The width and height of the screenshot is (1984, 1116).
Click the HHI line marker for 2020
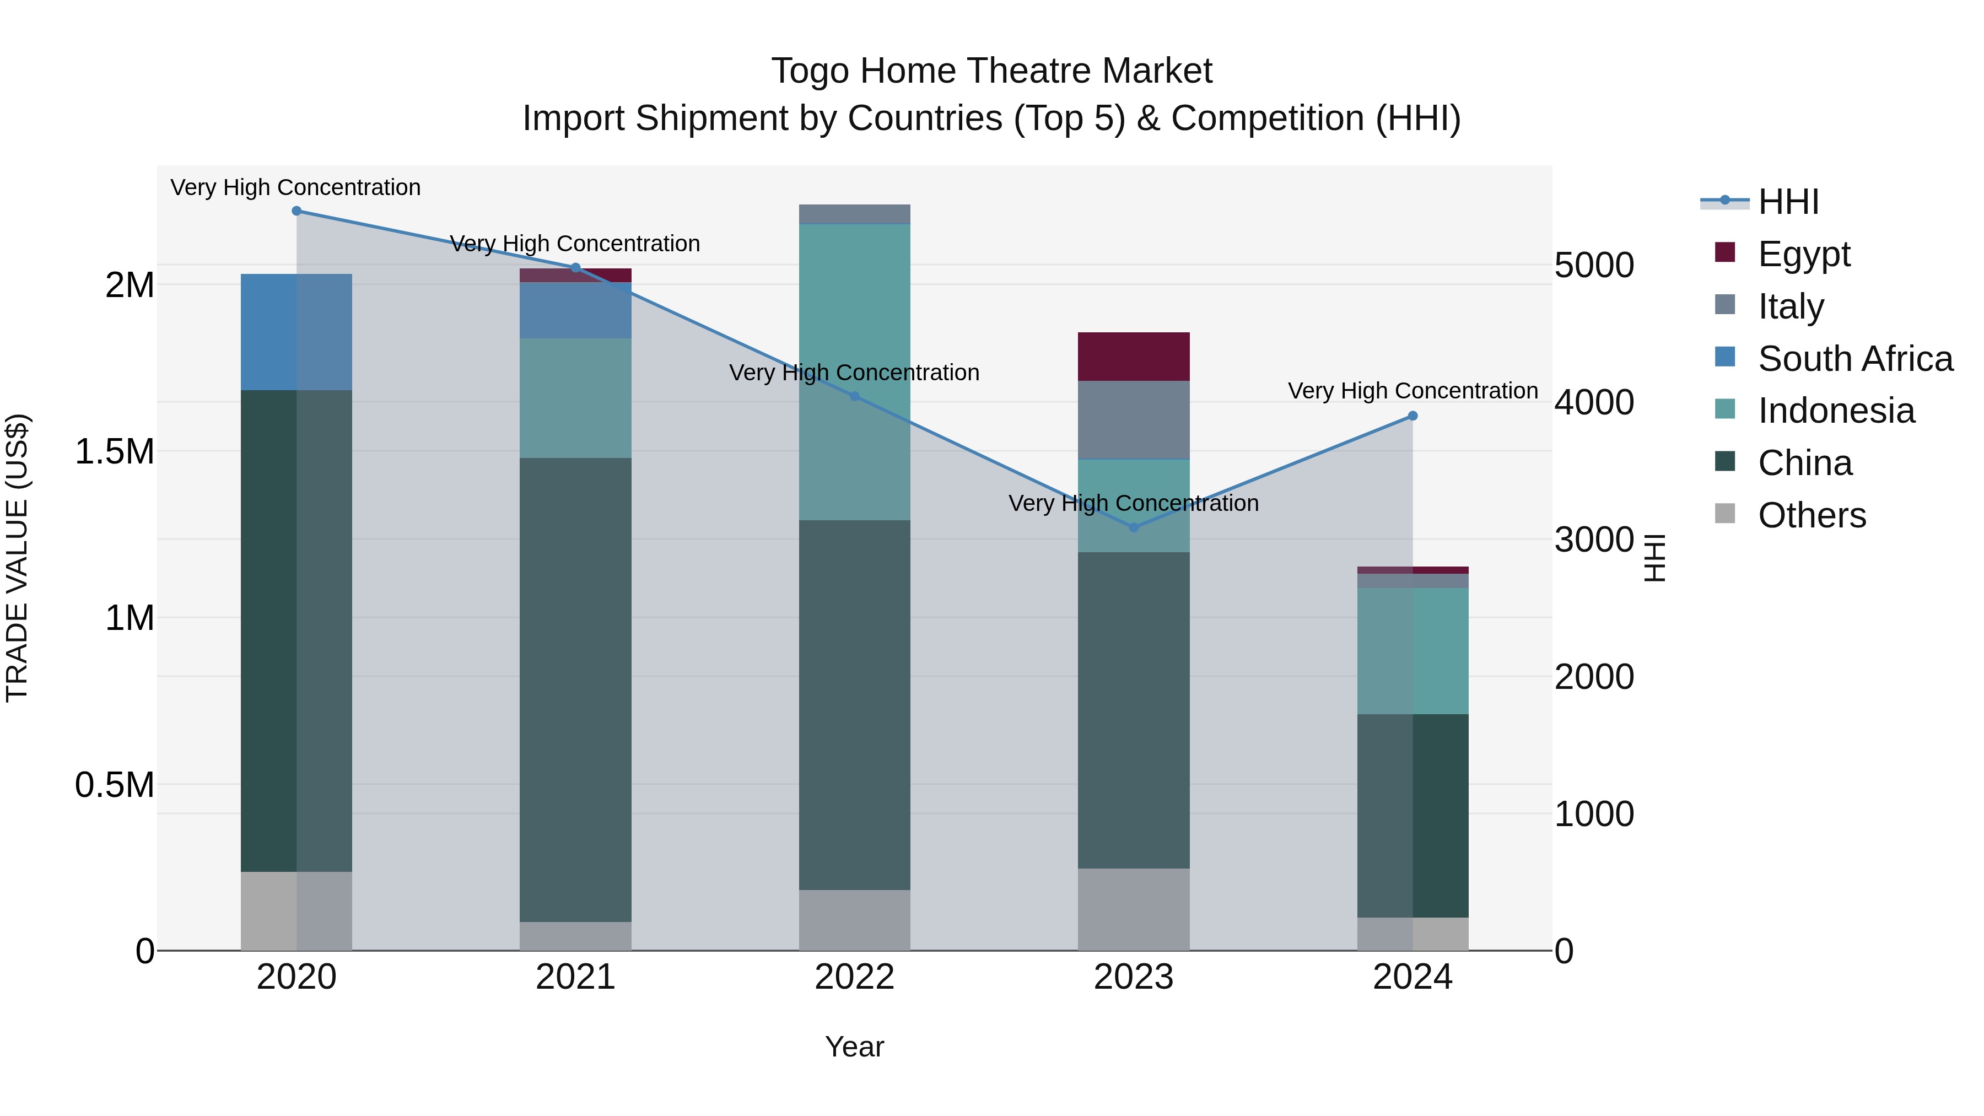pyautogui.click(x=296, y=211)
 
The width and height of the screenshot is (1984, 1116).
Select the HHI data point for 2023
pyautogui.click(x=1133, y=527)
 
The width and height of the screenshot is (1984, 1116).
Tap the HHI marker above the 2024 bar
pyautogui.click(x=1412, y=416)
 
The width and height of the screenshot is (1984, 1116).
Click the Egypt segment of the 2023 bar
pyautogui.click(x=1133, y=357)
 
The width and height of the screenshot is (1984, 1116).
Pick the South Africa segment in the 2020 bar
pyautogui.click(x=296, y=332)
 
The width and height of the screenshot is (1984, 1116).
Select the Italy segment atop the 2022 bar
pyautogui.click(x=854, y=214)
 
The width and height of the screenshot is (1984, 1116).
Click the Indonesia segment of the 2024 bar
pyautogui.click(x=1412, y=651)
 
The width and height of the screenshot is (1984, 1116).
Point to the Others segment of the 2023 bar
pyautogui.click(x=1133, y=909)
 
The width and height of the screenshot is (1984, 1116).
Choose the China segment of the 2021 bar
pyautogui.click(x=575, y=689)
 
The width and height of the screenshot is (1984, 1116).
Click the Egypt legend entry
pyautogui.click(x=1804, y=254)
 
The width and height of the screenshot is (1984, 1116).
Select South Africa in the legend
pyautogui.click(x=1854, y=359)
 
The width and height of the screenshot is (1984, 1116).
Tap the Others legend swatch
pyautogui.click(x=1725, y=514)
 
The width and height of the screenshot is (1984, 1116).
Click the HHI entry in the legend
pyautogui.click(x=1788, y=202)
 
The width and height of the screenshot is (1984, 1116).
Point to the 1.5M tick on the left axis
pyautogui.click(x=115, y=451)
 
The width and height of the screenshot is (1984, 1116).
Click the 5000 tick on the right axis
pyautogui.click(x=1593, y=266)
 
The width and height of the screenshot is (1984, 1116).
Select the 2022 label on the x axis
pyautogui.click(x=854, y=977)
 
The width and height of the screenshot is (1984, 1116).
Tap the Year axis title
pyautogui.click(x=854, y=1047)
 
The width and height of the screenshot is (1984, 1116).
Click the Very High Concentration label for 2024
pyautogui.click(x=1412, y=391)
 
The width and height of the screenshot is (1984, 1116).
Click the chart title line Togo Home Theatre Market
pyautogui.click(x=991, y=71)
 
